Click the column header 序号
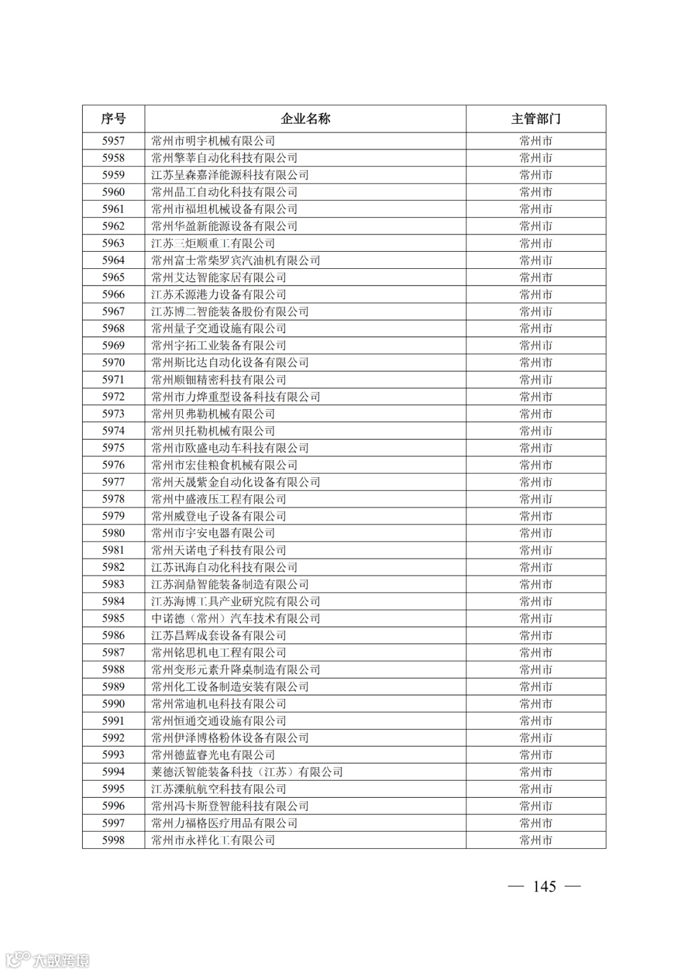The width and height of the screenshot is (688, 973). [x=113, y=119]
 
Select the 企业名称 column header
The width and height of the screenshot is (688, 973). [x=306, y=119]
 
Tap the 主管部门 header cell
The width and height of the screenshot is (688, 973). [x=536, y=119]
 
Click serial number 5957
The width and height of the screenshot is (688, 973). [x=113, y=141]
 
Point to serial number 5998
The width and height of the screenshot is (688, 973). [x=113, y=840]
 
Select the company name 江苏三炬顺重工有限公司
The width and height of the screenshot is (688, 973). [x=213, y=243]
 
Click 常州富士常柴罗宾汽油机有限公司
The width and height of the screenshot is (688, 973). [x=236, y=260]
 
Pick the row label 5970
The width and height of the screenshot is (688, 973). [x=113, y=363]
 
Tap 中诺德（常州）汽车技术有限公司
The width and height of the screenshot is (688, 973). [x=236, y=618]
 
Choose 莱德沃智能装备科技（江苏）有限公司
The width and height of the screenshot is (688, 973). [x=247, y=772]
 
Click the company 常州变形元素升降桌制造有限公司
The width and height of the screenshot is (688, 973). [x=236, y=670]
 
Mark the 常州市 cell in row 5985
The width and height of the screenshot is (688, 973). [x=536, y=618]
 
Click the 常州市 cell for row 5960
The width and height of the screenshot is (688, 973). [x=536, y=192]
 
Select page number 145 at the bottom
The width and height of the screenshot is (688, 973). [x=545, y=886]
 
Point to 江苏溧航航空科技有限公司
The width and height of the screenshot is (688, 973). [x=219, y=789]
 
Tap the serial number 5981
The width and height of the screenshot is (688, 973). [x=113, y=550]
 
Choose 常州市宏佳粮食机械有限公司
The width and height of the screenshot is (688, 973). [x=224, y=465]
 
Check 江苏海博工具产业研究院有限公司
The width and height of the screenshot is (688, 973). [x=236, y=602]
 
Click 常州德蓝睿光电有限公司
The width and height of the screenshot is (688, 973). [x=213, y=754]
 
